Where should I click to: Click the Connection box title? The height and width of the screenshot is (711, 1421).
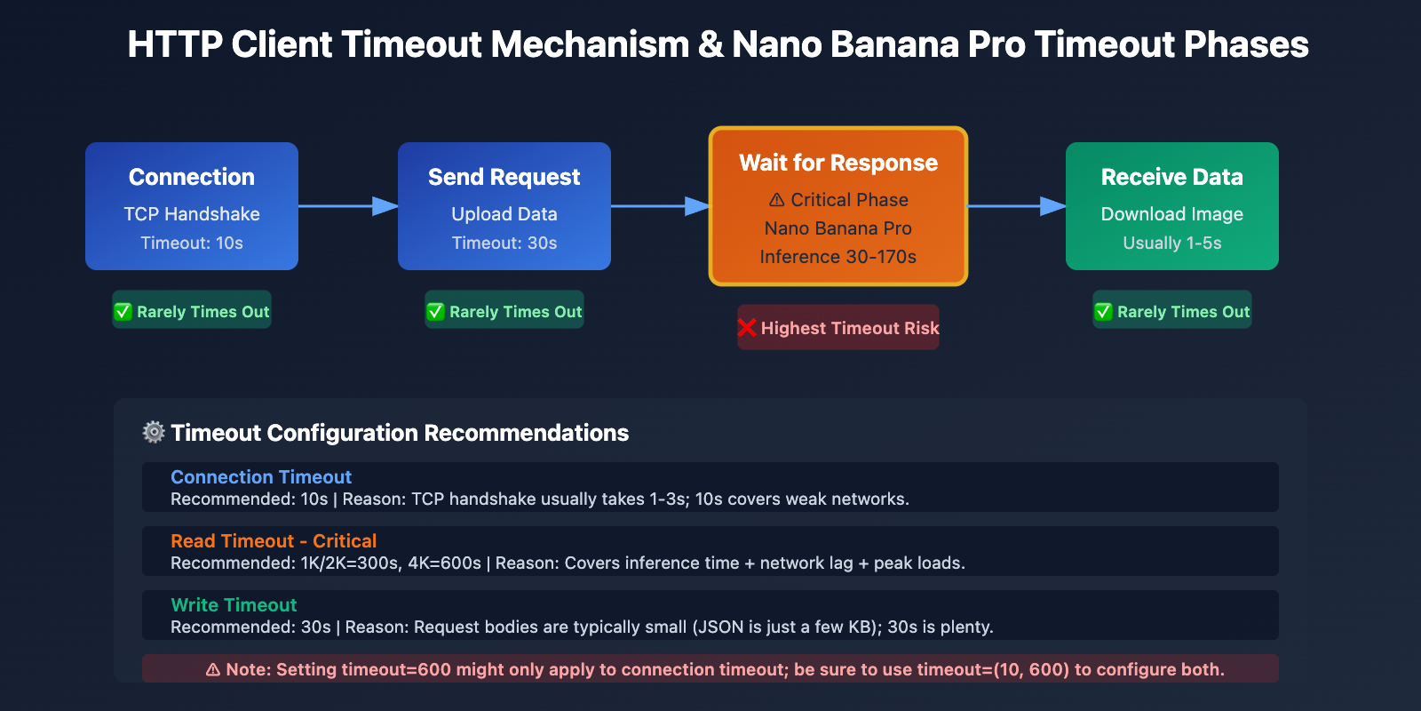[x=191, y=177]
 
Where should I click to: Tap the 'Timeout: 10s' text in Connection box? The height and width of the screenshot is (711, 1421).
[x=191, y=243]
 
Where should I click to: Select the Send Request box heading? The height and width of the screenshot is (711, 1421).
[x=504, y=177]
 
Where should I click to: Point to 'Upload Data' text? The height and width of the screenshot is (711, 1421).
[x=504, y=214]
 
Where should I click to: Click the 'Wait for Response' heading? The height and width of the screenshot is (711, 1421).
[x=838, y=163]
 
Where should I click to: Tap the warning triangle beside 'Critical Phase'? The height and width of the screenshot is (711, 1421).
[x=776, y=200]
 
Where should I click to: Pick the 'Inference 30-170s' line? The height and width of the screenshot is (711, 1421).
[x=838, y=257]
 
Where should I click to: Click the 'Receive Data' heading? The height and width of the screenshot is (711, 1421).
[x=1171, y=177]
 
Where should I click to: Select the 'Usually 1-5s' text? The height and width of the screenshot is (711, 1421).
[x=1171, y=243]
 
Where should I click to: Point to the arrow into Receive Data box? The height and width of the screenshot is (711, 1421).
[x=1016, y=206]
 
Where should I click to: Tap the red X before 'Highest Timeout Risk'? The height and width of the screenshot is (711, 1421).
[x=747, y=328]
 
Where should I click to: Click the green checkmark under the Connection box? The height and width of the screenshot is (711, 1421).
[x=123, y=312]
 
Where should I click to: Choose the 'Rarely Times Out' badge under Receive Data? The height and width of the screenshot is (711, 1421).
[x=1172, y=312]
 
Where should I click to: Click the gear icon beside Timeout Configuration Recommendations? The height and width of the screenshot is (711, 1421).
[x=154, y=432]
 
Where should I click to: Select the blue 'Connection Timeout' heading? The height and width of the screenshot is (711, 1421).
[x=261, y=477]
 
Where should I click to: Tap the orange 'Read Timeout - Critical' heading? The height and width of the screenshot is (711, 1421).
[x=274, y=541]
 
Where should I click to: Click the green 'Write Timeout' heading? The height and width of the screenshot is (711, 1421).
[x=234, y=605]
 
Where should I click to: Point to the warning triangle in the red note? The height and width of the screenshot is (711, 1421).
[x=213, y=670]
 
